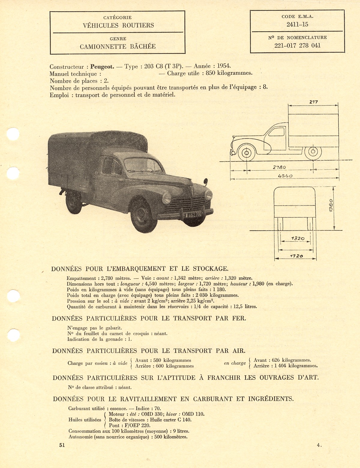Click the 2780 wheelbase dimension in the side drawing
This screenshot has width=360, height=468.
point(279,167)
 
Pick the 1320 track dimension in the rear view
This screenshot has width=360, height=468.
point(297,238)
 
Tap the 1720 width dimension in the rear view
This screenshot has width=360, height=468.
point(296,256)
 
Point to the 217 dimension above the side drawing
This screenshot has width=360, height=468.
point(313,102)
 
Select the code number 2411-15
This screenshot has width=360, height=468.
point(297,25)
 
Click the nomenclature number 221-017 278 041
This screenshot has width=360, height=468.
point(297,46)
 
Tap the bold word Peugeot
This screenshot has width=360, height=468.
point(102,67)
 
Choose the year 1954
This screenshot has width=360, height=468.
point(224,66)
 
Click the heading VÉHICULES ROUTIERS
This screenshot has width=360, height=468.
point(118,25)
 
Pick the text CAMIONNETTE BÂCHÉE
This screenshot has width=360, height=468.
point(118,46)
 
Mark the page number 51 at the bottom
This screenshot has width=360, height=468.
point(62,445)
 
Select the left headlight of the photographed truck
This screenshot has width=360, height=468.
point(166,198)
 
